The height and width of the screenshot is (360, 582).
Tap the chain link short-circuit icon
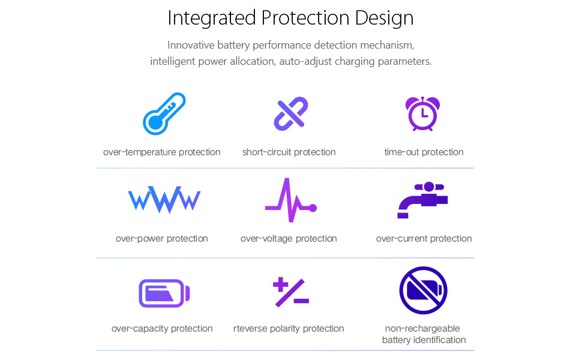(x=290, y=113)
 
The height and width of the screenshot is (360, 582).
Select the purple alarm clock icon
(x=422, y=113)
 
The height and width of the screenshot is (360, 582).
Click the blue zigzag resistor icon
(x=164, y=200)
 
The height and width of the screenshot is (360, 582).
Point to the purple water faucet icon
(x=423, y=199)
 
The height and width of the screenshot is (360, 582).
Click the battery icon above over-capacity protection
(x=164, y=293)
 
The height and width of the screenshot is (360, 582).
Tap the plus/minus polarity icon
(x=291, y=292)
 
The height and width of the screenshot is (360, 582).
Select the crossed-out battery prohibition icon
(x=423, y=290)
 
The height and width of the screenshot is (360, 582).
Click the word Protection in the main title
(x=305, y=18)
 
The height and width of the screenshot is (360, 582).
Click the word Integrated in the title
(x=212, y=19)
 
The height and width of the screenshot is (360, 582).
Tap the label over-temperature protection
(x=162, y=152)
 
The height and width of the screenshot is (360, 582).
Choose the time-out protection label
(x=424, y=152)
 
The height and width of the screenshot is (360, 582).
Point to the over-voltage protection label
(x=289, y=239)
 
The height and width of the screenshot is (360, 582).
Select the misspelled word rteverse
(x=250, y=328)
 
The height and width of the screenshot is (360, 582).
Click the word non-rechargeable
(x=422, y=328)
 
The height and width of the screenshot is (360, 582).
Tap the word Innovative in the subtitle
(x=191, y=45)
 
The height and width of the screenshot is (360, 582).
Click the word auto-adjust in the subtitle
(x=305, y=61)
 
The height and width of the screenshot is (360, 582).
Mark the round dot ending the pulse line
(x=313, y=208)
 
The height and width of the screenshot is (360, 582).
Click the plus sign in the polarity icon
(x=281, y=284)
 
